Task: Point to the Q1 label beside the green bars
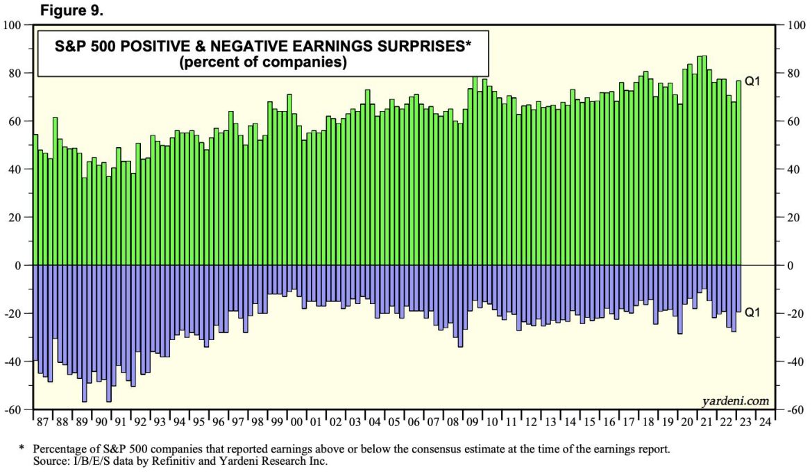point(753,81)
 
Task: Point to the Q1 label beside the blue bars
point(753,313)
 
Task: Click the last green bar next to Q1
point(739,173)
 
